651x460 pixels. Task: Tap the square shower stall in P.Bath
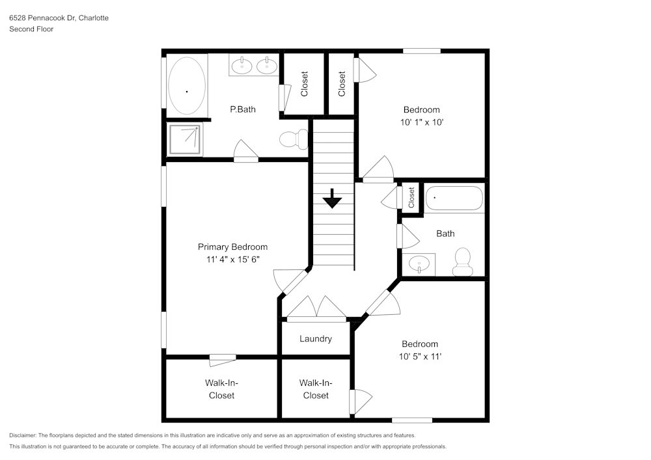pyautogui.click(x=185, y=139)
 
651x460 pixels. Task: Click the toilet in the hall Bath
pyautogui.click(x=463, y=262)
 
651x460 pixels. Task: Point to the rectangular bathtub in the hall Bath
pyautogui.click(x=454, y=198)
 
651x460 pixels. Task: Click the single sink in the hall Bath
pyautogui.click(x=420, y=265)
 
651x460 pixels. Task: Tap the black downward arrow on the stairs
pyautogui.click(x=333, y=198)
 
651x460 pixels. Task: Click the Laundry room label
pyautogui.click(x=316, y=338)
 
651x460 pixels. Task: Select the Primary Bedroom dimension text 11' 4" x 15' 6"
pyautogui.click(x=232, y=260)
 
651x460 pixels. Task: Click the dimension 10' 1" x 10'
pyautogui.click(x=421, y=122)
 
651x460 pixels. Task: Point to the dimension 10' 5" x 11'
pyautogui.click(x=420, y=356)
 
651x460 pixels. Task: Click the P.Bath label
pyautogui.click(x=242, y=109)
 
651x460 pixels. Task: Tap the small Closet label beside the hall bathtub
pyautogui.click(x=411, y=198)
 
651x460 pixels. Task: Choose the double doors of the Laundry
pyautogui.click(x=316, y=309)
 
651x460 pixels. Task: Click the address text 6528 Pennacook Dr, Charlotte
pyautogui.click(x=59, y=18)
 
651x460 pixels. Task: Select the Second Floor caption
pyautogui.click(x=31, y=29)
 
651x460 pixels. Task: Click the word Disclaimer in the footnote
pyautogui.click(x=23, y=435)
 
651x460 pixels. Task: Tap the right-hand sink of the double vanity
pyautogui.click(x=266, y=65)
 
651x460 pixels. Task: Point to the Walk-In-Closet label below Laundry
pyautogui.click(x=314, y=389)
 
